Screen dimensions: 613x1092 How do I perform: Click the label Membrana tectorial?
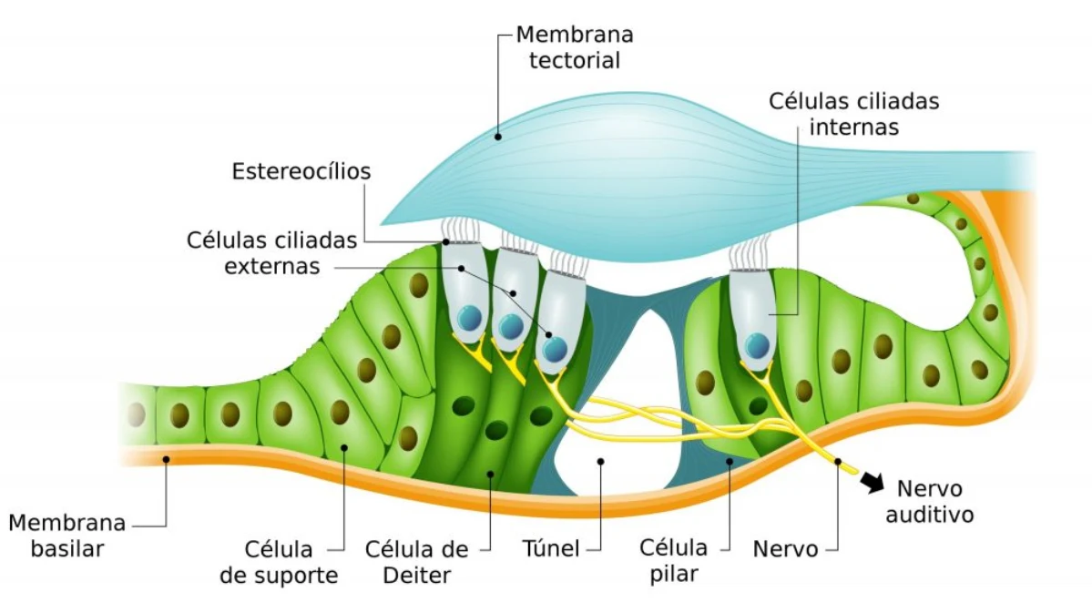point(574,48)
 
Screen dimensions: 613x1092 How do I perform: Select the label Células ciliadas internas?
point(853,114)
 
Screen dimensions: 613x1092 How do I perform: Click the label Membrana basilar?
point(66,536)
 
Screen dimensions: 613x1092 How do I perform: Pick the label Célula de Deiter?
point(416,562)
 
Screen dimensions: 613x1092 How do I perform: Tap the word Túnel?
point(550,549)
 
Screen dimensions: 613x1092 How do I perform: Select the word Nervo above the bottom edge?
point(785,549)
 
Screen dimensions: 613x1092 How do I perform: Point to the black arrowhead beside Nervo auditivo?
point(872,483)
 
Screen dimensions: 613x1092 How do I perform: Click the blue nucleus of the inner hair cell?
point(757,345)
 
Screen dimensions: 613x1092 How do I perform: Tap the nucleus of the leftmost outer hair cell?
point(470,319)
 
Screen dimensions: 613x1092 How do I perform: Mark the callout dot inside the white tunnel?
point(601,462)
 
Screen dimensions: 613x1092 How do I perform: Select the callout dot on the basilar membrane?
point(167,459)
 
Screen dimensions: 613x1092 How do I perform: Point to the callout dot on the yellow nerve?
point(836,462)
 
